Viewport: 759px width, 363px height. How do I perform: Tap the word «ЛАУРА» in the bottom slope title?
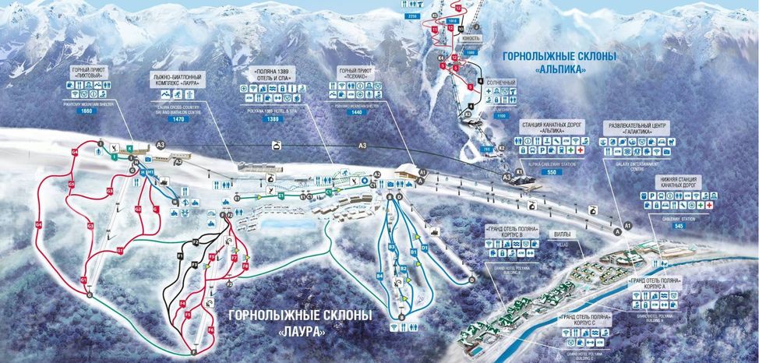point(300,330)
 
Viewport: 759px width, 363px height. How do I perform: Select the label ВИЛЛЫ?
point(566,231)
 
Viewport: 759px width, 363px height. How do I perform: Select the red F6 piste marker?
point(210,330)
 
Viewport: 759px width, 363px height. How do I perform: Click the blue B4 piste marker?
point(380,275)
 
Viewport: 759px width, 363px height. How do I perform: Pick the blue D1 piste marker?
point(424,248)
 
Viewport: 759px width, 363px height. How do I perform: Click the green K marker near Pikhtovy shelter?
point(129,146)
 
